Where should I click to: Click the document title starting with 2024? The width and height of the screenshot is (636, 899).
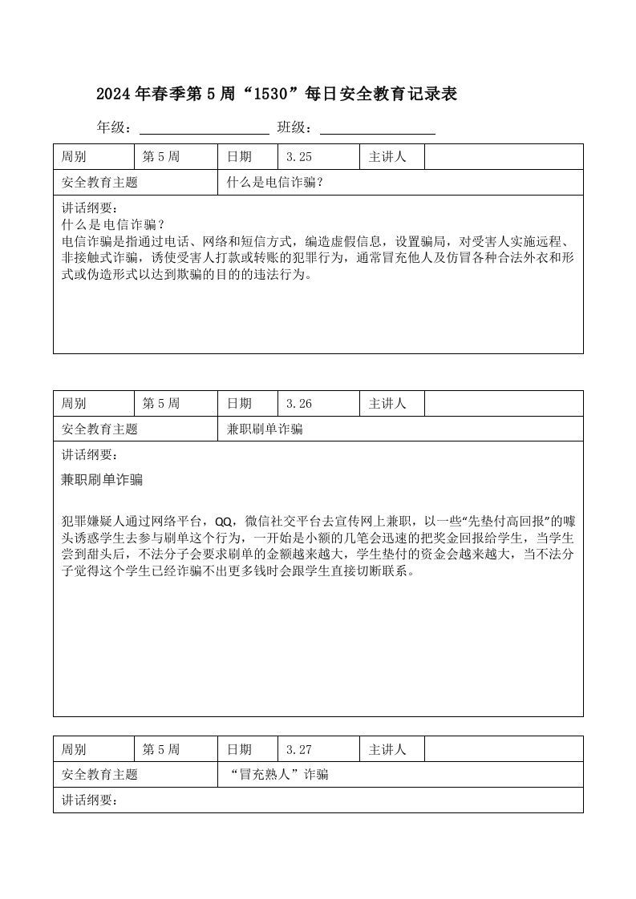[277, 94]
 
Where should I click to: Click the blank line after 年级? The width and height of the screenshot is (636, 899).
[205, 128]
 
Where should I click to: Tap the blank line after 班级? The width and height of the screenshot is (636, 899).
[377, 128]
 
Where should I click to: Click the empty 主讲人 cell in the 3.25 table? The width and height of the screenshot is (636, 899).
[503, 157]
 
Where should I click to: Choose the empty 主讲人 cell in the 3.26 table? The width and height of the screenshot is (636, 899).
[503, 404]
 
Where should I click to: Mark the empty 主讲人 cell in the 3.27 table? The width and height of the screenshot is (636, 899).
[503, 750]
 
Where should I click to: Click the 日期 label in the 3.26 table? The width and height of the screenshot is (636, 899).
[239, 404]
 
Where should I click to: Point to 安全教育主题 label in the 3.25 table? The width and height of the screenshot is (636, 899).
[99, 183]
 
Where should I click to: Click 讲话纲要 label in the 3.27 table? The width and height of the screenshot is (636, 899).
[90, 800]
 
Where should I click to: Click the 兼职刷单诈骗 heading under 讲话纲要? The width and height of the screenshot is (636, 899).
[102, 480]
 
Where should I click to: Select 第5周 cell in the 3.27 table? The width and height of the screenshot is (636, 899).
[161, 750]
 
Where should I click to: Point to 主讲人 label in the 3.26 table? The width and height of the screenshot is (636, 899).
[387, 404]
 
